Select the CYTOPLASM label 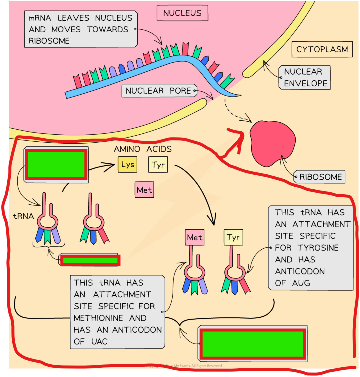click(x=322, y=49)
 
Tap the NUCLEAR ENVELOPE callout click(x=303, y=78)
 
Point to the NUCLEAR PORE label click(x=158, y=91)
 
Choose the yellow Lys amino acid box click(x=128, y=164)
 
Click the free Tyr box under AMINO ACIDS click(x=158, y=164)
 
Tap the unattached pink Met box click(x=144, y=190)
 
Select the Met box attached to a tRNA click(x=195, y=237)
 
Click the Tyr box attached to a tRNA click(x=233, y=237)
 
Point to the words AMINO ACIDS click(x=143, y=149)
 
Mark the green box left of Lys click(x=56, y=164)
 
